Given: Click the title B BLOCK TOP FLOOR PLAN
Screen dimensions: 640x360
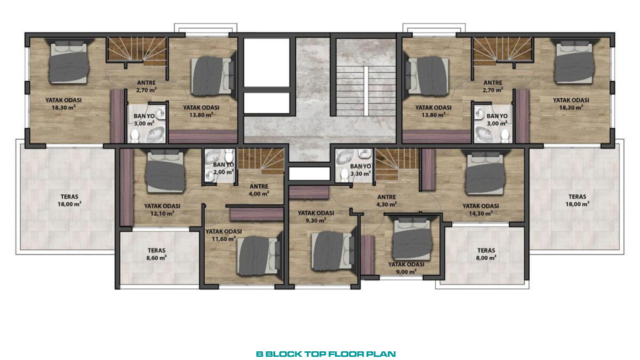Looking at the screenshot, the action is click(x=325, y=354).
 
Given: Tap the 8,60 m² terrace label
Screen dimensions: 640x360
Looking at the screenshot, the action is click(x=157, y=254).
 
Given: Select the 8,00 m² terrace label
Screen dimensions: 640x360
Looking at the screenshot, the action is click(x=486, y=254).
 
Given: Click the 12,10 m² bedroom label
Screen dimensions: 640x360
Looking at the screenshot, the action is click(x=162, y=210).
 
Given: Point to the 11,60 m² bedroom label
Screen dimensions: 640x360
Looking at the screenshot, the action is click(x=224, y=235).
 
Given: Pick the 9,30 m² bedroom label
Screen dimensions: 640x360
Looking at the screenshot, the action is click(x=316, y=217).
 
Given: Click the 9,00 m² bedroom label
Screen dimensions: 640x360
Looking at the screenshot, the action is click(x=406, y=268).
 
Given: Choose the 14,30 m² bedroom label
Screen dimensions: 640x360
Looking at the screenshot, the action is click(x=480, y=210).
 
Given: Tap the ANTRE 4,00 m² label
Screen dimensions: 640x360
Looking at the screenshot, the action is click(x=259, y=190).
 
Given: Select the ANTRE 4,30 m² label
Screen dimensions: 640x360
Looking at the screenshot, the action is click(x=387, y=201).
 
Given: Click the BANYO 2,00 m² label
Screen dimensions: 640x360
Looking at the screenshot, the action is click(x=224, y=169).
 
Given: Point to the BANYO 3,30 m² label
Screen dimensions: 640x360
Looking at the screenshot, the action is click(x=361, y=170).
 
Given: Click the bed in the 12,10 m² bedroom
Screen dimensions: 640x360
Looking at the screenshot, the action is click(x=165, y=172).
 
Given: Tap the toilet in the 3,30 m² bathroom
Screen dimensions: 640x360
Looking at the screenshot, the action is click(x=345, y=175).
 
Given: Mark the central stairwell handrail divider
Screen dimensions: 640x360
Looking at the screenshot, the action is click(x=366, y=91).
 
